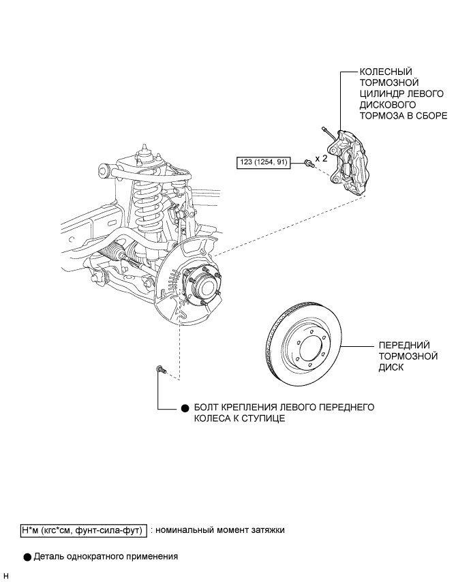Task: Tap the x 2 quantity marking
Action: click(322, 159)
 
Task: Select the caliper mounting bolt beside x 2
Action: click(308, 163)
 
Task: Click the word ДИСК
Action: click(391, 367)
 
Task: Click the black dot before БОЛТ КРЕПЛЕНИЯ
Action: click(185, 408)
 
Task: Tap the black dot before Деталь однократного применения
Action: click(27, 557)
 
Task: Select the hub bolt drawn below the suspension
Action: click(160, 369)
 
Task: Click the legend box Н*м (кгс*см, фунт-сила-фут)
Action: click(84, 530)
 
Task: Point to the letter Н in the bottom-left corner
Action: click(6, 576)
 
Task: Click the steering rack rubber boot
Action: click(112, 250)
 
